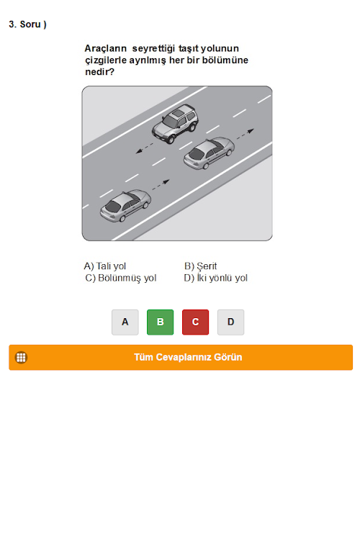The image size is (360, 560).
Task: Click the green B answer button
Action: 160,322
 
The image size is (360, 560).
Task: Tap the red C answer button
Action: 195,322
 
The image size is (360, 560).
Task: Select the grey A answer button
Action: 125,322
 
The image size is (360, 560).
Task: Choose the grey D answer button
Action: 230,322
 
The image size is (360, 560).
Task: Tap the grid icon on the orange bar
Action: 21,357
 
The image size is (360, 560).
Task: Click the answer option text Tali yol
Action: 111,266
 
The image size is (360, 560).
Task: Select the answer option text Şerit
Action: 207,266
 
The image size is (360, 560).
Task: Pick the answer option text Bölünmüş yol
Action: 127,279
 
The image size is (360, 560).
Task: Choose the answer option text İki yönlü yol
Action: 222,278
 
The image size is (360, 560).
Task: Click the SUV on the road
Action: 175,124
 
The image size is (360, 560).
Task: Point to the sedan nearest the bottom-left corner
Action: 125,206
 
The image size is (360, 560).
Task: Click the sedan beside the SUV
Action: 209,153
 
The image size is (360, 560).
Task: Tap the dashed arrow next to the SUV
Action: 145,148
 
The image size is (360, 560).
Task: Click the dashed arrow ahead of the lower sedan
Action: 161,185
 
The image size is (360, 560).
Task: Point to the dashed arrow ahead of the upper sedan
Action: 245,134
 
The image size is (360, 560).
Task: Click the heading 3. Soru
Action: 27,24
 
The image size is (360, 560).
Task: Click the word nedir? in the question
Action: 99,72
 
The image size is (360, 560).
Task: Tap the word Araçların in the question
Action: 106,48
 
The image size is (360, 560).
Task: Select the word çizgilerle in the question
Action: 106,60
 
